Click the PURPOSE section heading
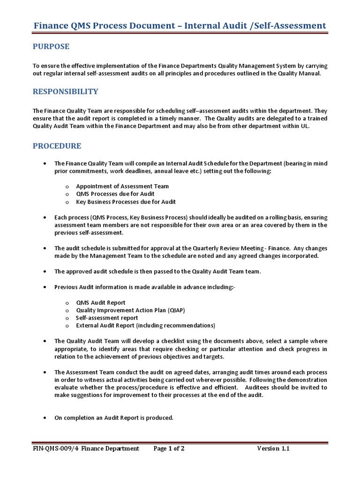[51, 46]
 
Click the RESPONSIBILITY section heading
[65, 91]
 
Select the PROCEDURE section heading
[57, 146]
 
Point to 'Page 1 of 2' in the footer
[169, 449]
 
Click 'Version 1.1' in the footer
[273, 449]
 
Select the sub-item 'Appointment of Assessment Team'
[122, 186]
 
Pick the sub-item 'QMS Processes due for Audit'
[115, 194]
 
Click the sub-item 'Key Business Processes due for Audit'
[126, 202]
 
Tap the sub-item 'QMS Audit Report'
[101, 303]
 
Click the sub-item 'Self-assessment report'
[107, 318]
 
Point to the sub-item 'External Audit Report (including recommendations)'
[145, 325]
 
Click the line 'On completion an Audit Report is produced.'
[114, 418]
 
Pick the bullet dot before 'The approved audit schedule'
[44, 271]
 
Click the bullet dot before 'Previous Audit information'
[44, 287]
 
